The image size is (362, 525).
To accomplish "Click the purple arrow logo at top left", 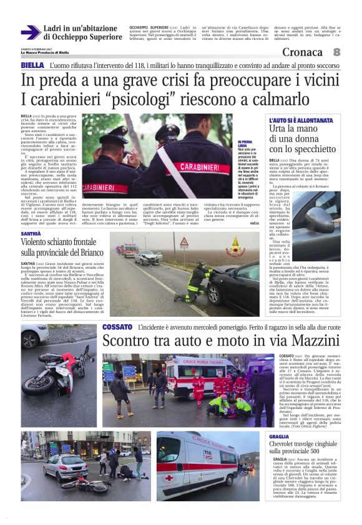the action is pos(30,32).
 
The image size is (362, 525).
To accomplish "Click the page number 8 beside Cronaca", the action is pos(336,52).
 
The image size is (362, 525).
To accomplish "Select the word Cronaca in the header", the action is pos(304,52).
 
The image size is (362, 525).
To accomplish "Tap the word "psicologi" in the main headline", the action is pos(165,99).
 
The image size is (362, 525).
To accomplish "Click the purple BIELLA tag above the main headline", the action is pos(32,65).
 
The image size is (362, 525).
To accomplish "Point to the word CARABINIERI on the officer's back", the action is pos(106,185).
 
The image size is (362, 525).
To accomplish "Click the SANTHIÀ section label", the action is pos(32,232).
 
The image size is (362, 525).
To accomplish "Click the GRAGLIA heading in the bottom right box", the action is pos(279,436).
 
